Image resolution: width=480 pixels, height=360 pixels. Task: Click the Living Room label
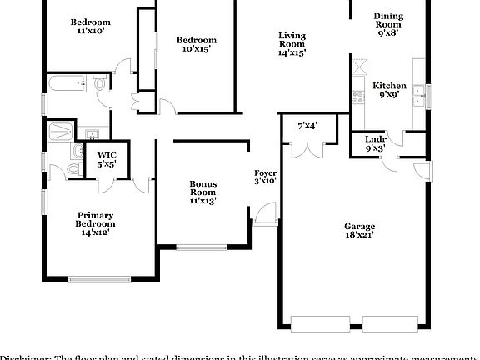click(x=292, y=43)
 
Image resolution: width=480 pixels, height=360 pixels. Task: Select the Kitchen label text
click(x=389, y=90)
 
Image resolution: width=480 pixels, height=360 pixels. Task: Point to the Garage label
click(x=360, y=230)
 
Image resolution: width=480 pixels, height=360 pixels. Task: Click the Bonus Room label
click(x=202, y=192)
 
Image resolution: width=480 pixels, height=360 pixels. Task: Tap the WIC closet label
click(x=107, y=158)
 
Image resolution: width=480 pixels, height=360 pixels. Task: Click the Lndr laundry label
click(x=375, y=143)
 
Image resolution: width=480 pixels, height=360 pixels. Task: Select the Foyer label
click(x=265, y=177)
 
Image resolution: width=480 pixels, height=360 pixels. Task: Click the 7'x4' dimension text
click(x=307, y=125)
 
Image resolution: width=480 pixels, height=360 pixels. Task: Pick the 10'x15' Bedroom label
click(x=197, y=44)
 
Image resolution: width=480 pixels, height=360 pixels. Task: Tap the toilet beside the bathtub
click(x=100, y=84)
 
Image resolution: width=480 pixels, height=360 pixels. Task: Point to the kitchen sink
click(x=421, y=95)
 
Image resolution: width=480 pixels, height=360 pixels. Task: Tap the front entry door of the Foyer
click(x=265, y=215)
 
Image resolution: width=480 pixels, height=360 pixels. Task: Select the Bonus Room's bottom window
click(x=201, y=247)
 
